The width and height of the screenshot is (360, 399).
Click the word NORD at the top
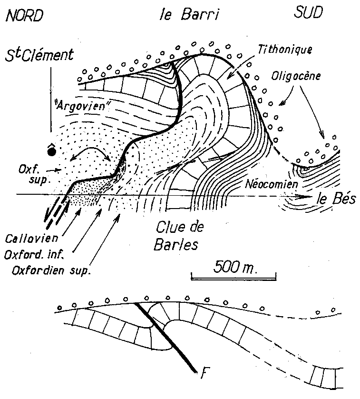pyautogui.click(x=24, y=17)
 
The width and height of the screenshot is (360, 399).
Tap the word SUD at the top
pyautogui.click(x=306, y=14)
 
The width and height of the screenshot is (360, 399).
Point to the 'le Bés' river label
pyautogui.click(x=336, y=199)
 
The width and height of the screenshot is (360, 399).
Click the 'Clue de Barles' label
pyautogui.click(x=180, y=236)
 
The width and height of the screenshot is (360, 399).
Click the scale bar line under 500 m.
pyautogui.click(x=234, y=276)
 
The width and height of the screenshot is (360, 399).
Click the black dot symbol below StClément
pyautogui.click(x=51, y=152)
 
